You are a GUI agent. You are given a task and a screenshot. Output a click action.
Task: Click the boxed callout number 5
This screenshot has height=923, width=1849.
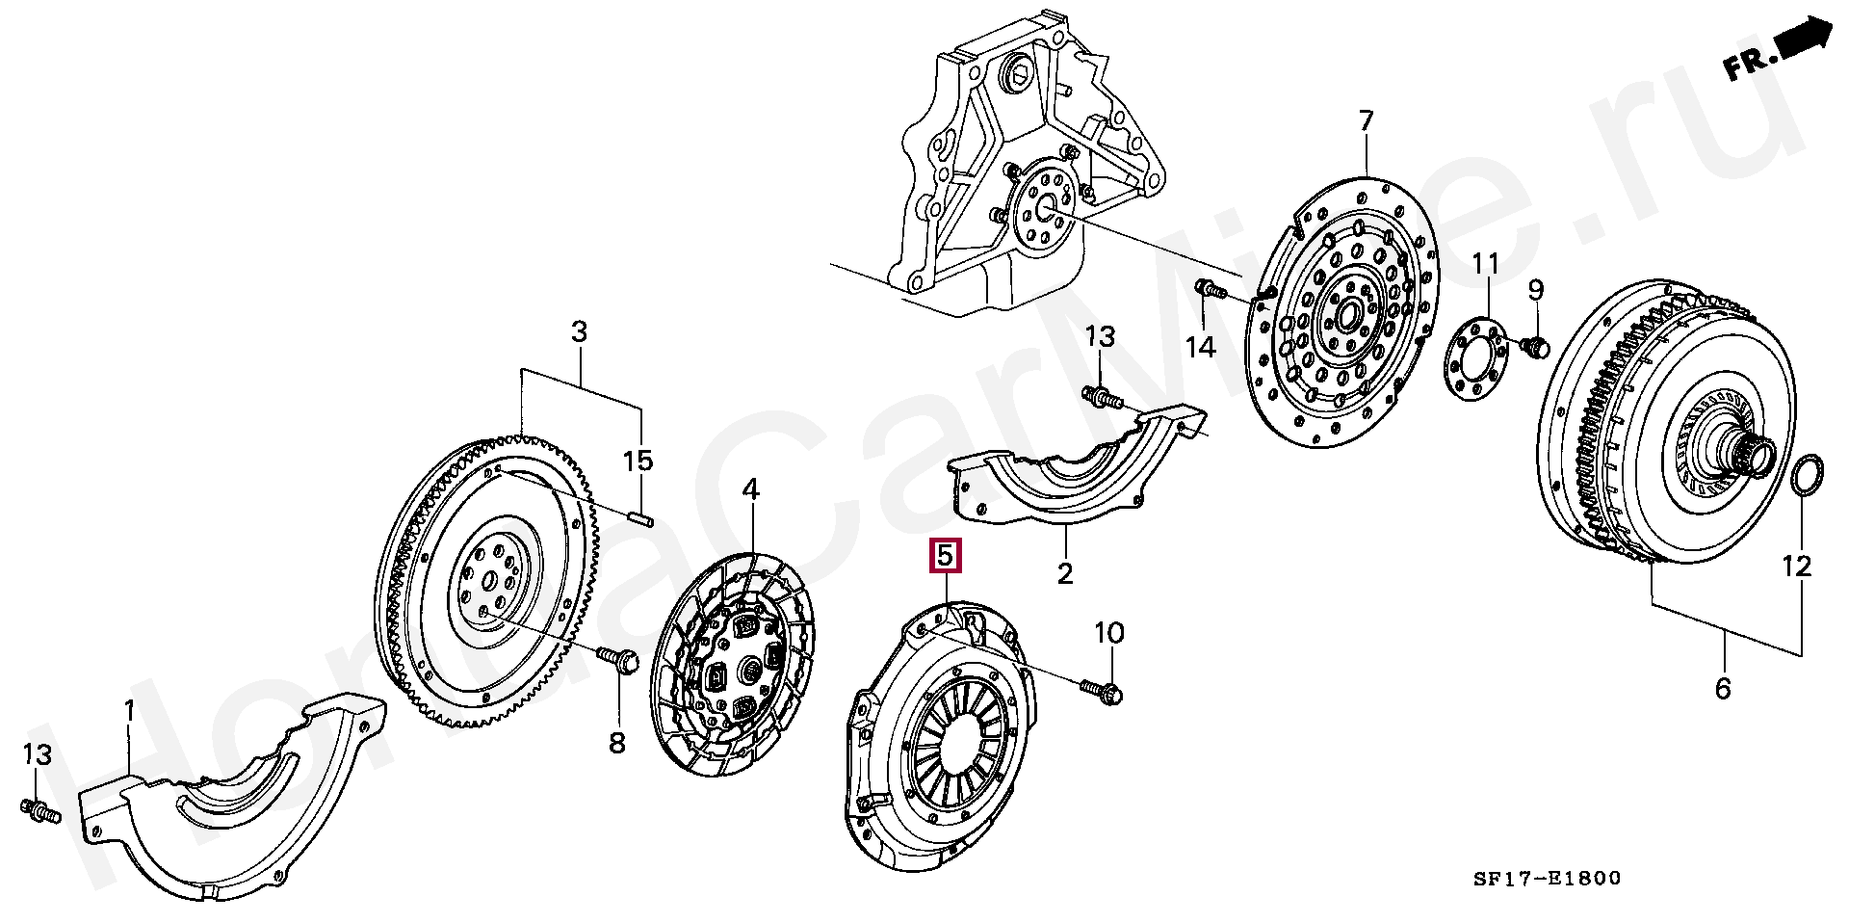(x=945, y=556)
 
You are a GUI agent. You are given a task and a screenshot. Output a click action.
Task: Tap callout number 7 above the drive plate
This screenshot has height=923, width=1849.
(x=1366, y=122)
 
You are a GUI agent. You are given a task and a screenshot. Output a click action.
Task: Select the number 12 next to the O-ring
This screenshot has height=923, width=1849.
(x=1796, y=566)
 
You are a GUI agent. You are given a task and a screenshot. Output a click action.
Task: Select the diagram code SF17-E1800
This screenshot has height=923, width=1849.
(x=1547, y=878)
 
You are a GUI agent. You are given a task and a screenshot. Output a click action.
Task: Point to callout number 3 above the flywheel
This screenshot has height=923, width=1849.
(x=578, y=332)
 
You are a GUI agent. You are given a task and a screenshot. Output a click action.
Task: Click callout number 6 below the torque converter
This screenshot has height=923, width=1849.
(x=1723, y=688)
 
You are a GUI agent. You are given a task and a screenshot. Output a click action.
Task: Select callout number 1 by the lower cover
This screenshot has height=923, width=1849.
(x=130, y=712)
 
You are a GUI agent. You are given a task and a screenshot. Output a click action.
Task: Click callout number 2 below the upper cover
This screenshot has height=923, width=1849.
(x=1064, y=573)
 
